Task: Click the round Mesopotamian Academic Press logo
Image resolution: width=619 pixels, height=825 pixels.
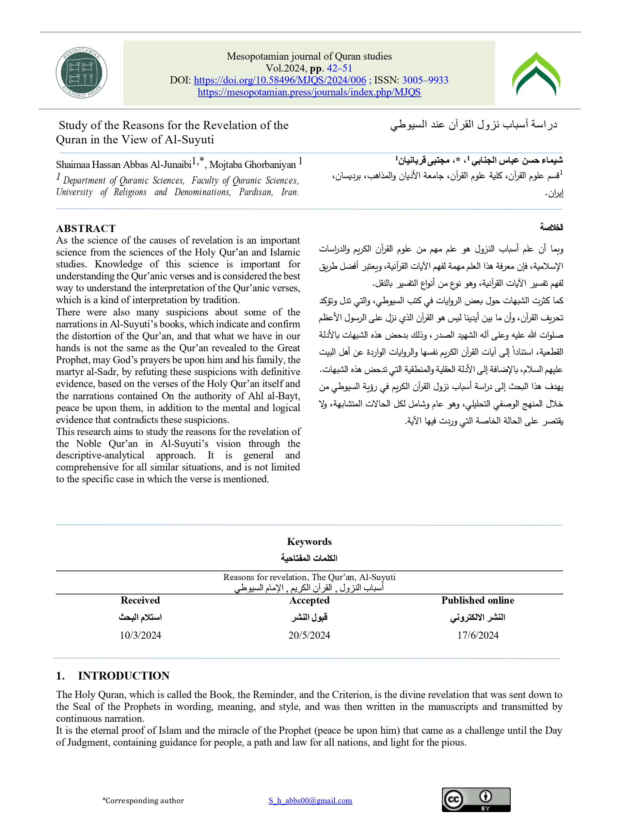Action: point(81,73)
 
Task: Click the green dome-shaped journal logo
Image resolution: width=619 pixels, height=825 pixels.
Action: point(536,74)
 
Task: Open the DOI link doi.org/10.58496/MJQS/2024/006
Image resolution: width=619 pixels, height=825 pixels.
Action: point(280,80)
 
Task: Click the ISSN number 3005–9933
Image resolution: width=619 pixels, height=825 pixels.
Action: point(425,80)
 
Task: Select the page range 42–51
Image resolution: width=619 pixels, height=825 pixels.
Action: point(339,68)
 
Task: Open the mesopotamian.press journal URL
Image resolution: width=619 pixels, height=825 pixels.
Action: point(309,92)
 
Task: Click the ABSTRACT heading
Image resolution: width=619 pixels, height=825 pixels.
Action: point(86,228)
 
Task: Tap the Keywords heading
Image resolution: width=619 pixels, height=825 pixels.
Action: point(309,542)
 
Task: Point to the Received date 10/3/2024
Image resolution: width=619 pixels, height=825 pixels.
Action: point(140,635)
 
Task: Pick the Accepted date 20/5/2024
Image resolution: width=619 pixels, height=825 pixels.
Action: point(309,635)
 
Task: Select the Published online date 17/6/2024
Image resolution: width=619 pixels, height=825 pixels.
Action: point(478,635)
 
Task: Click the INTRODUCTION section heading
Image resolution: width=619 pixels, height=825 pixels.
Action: point(124,675)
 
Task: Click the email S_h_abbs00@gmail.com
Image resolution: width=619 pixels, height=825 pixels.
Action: point(310,800)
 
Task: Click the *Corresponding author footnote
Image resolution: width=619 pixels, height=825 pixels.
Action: point(143,800)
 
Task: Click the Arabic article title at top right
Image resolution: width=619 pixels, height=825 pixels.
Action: point(474,125)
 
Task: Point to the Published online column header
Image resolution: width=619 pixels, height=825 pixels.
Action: point(478,600)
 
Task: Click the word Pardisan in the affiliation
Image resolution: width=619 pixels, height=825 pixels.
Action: point(256,192)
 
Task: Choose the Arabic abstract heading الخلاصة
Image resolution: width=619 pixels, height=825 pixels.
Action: point(551,227)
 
